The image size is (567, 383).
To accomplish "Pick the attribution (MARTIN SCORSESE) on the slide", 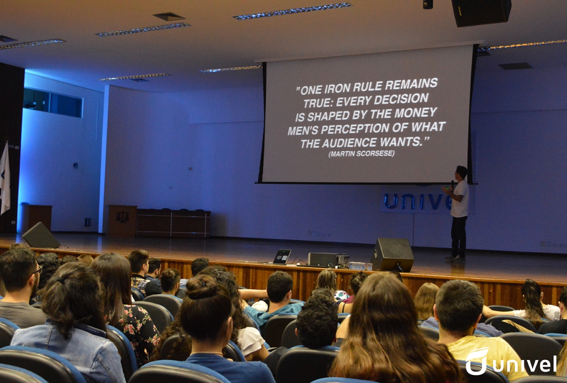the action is (361, 154).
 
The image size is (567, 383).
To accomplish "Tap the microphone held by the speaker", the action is (452, 183).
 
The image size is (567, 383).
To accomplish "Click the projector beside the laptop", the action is (328, 260).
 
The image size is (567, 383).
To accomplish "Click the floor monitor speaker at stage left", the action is (41, 235).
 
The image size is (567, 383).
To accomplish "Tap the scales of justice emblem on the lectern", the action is (122, 217).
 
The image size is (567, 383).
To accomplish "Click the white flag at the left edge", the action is (5, 178).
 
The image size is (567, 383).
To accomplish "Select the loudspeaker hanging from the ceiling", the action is (481, 12).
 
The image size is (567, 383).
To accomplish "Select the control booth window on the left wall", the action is (53, 103).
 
